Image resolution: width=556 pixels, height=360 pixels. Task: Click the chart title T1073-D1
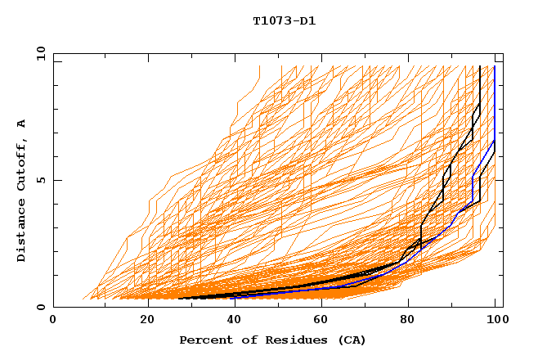pyautogui.click(x=284, y=20)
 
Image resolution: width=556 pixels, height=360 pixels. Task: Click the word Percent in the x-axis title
pyautogui.click(x=204, y=340)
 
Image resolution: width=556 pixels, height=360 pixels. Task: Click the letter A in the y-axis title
pyautogui.click(x=21, y=123)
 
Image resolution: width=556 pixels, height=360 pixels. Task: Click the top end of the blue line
pyautogui.click(x=495, y=66)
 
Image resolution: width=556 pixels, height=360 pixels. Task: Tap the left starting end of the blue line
pyautogui.click(x=231, y=297)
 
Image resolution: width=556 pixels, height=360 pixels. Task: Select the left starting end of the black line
pyautogui.click(x=179, y=299)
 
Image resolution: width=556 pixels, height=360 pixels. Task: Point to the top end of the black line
pyautogui.click(x=480, y=66)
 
